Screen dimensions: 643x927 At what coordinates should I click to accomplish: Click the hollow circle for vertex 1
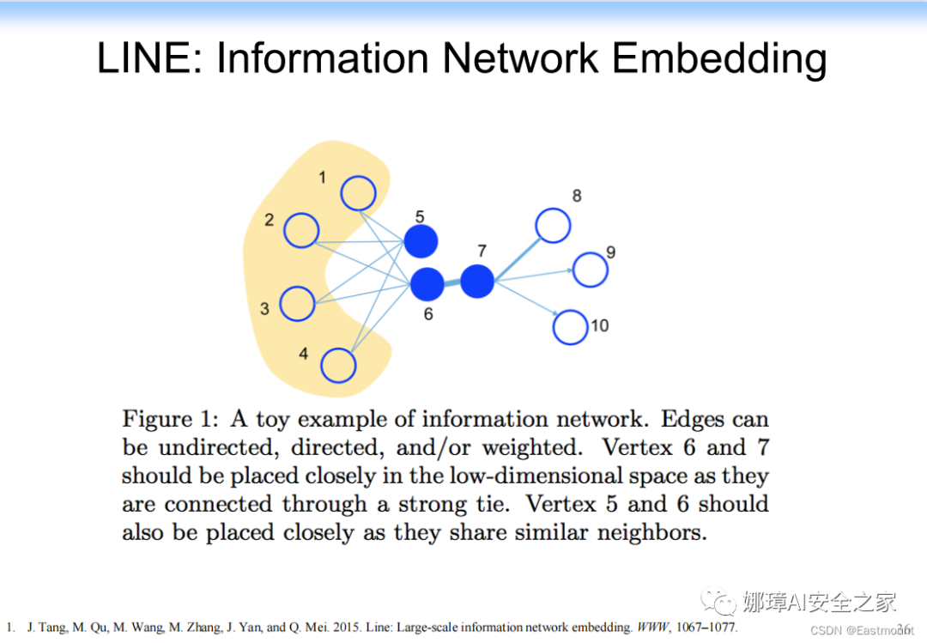tap(358, 193)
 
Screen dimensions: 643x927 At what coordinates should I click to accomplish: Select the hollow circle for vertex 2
tap(301, 231)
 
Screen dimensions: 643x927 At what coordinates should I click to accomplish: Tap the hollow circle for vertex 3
tap(297, 303)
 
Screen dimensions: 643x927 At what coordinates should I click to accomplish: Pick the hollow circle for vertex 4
tap(338, 366)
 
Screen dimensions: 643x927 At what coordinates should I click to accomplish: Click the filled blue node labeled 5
tap(421, 242)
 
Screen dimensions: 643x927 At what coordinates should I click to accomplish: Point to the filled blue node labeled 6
tap(427, 284)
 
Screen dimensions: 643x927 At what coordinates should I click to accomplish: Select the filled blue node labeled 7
tap(477, 282)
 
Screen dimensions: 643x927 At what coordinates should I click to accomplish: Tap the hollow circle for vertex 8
tap(553, 225)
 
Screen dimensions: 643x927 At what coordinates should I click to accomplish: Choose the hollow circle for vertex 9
tap(590, 270)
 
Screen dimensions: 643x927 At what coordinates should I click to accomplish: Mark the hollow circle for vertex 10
tap(570, 328)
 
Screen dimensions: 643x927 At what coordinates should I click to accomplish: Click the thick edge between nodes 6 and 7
tap(452, 283)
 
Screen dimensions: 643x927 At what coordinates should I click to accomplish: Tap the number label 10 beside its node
tap(599, 325)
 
